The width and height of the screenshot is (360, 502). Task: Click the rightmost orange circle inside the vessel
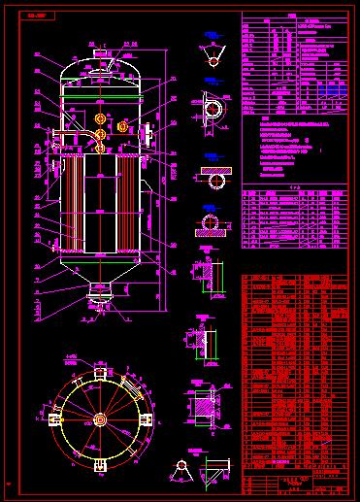click(x=122, y=127)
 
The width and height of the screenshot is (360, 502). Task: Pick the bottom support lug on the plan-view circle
click(x=100, y=467)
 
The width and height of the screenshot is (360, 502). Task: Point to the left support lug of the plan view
click(x=51, y=418)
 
